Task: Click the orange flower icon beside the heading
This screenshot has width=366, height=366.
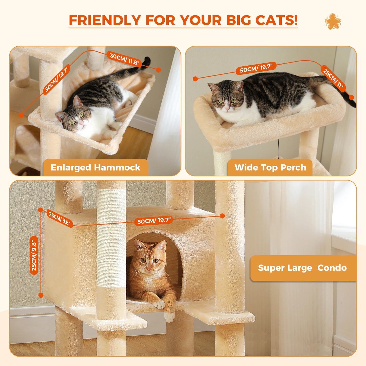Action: pos(333,21)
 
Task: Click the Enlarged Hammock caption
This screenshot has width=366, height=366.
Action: pos(95,167)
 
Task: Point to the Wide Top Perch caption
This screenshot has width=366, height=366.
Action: pos(270,167)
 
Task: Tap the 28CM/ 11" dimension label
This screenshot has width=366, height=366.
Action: pos(333,78)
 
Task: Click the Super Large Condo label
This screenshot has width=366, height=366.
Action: pos(302,268)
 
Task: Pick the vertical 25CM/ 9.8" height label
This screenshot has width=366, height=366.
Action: pos(34,255)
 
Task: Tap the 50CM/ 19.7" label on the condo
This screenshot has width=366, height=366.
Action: pos(154,220)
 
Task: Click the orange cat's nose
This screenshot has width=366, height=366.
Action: pos(149,268)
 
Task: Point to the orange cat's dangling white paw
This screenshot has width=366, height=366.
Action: pos(169,317)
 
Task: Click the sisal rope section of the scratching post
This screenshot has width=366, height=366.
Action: pos(111,238)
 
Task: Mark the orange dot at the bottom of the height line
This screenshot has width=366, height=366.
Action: pos(41,295)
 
